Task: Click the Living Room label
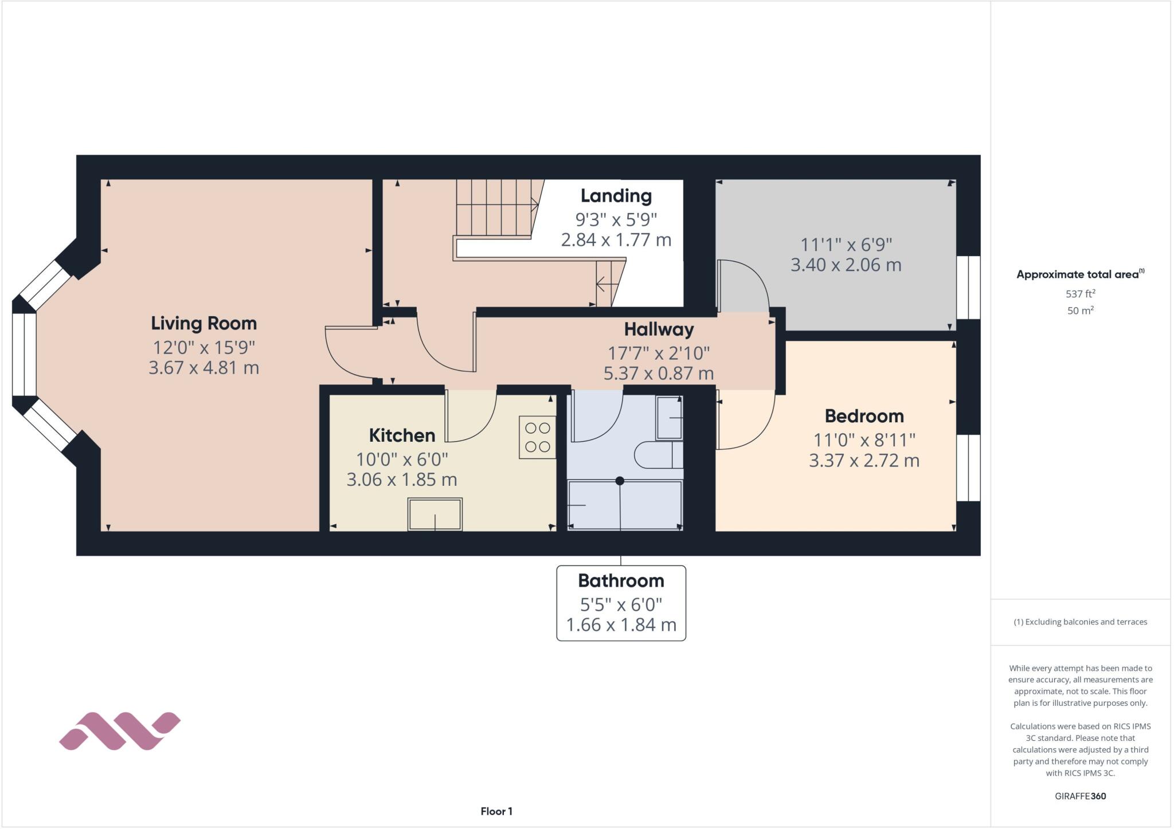click(x=204, y=323)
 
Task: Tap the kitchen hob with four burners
click(x=537, y=437)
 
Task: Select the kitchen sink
click(x=435, y=514)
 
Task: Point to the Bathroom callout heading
click(x=621, y=581)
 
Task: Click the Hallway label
click(x=659, y=329)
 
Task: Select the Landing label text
click(x=616, y=196)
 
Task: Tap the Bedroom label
click(x=864, y=416)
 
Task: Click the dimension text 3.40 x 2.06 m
click(x=846, y=265)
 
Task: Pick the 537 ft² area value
click(x=1080, y=294)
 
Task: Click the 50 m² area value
click(x=1080, y=311)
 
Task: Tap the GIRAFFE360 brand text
click(x=1080, y=796)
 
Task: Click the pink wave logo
click(x=120, y=731)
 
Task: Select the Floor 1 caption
click(x=496, y=811)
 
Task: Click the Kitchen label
click(x=402, y=435)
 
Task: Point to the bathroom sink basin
click(x=668, y=418)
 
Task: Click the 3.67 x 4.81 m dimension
click(x=204, y=368)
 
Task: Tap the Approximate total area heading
click(x=1079, y=274)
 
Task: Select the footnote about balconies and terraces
click(x=1080, y=622)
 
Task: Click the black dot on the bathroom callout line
click(x=620, y=481)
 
